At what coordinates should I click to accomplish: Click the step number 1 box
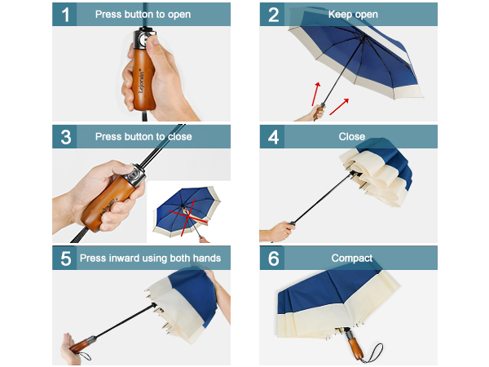[64, 15]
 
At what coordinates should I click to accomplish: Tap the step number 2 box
[273, 15]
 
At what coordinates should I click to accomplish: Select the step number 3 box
[64, 136]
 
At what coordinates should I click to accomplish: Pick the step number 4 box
[273, 136]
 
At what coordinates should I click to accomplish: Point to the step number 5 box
[65, 259]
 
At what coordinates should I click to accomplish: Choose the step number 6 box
[273, 259]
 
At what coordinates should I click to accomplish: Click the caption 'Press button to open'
[143, 15]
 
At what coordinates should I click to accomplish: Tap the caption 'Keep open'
[353, 15]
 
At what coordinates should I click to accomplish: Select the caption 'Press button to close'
[143, 136]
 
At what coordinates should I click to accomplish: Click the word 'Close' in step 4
[352, 136]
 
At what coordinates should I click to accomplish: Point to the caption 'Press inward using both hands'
[150, 259]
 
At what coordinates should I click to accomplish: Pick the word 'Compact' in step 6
[352, 259]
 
